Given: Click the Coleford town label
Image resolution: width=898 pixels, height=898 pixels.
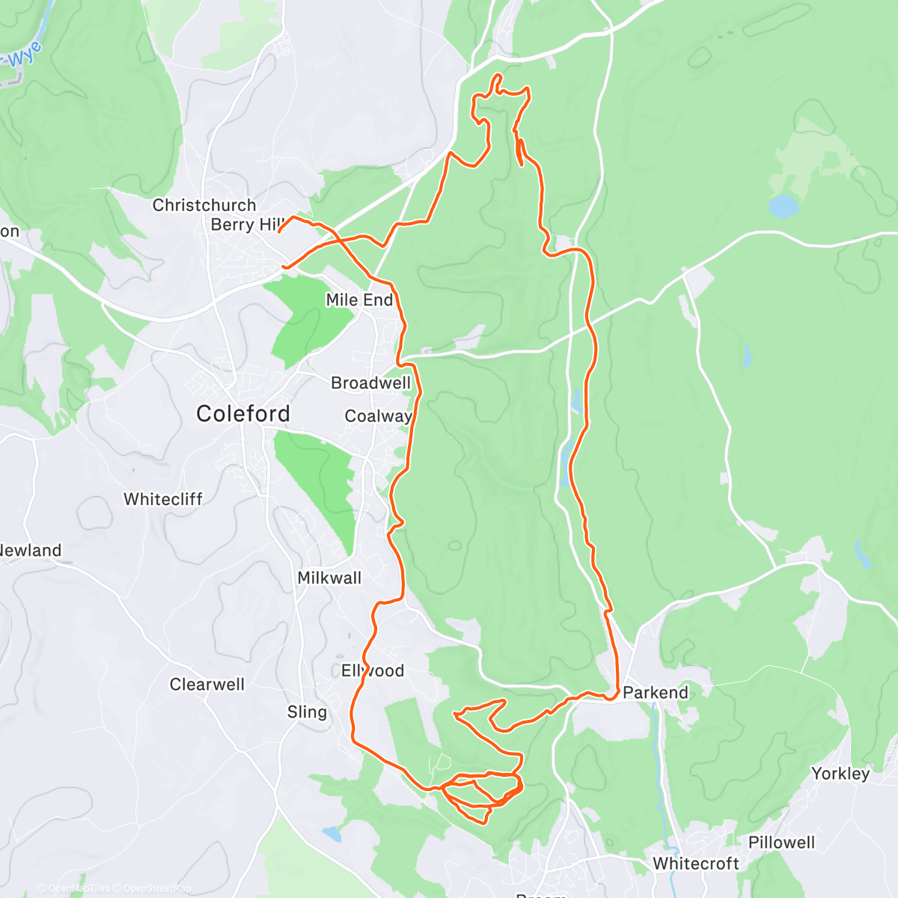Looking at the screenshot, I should point(242,414).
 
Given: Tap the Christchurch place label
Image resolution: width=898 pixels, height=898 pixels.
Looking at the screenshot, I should point(204,205).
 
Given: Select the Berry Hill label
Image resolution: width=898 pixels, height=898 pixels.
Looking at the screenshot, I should point(248,224).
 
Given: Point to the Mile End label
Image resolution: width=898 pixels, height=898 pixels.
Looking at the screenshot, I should point(359,300).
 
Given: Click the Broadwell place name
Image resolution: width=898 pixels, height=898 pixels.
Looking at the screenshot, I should point(370,383).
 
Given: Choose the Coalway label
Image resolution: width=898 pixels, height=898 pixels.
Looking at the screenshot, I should point(378,416).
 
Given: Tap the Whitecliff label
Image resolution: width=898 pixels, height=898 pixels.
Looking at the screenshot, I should point(163,499).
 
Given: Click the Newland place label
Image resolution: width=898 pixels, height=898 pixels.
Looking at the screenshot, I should point(30,551).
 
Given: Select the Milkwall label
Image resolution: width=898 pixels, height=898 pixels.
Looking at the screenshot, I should point(329,578).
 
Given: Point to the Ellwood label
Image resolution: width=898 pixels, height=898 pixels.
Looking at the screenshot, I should point(373,671).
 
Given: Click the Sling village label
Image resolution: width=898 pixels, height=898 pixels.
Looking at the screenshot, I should point(307,712).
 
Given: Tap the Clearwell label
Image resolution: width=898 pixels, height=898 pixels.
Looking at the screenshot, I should point(207,684).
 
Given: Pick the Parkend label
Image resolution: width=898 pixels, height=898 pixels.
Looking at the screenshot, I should point(656,692).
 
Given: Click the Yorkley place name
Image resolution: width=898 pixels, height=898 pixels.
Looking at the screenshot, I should point(840,774).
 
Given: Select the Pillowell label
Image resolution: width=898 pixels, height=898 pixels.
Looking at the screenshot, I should point(781,843).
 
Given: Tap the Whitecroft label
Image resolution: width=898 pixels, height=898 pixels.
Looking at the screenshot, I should point(696,864).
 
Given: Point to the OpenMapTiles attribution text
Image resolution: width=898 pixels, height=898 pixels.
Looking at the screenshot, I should point(75,889).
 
